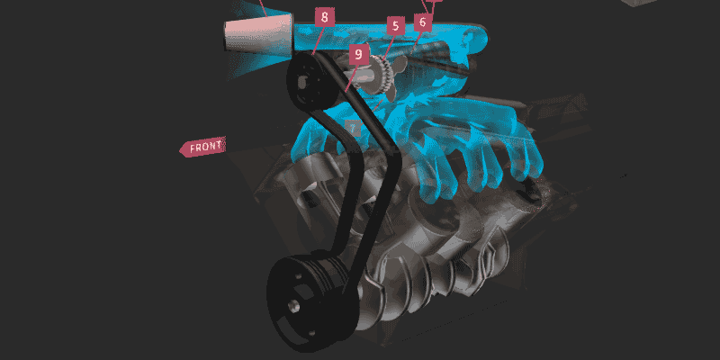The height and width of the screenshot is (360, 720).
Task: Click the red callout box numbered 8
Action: tap(325, 17)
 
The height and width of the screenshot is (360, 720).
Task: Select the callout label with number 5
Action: tap(395, 26)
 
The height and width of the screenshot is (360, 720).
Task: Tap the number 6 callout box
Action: tap(423, 22)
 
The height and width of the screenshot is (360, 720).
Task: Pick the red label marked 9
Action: tap(358, 55)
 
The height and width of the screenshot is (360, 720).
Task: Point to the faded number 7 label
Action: tap(353, 129)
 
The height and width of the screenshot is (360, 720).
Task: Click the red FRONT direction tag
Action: tap(202, 147)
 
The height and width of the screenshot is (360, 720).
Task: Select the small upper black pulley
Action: tap(310, 81)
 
